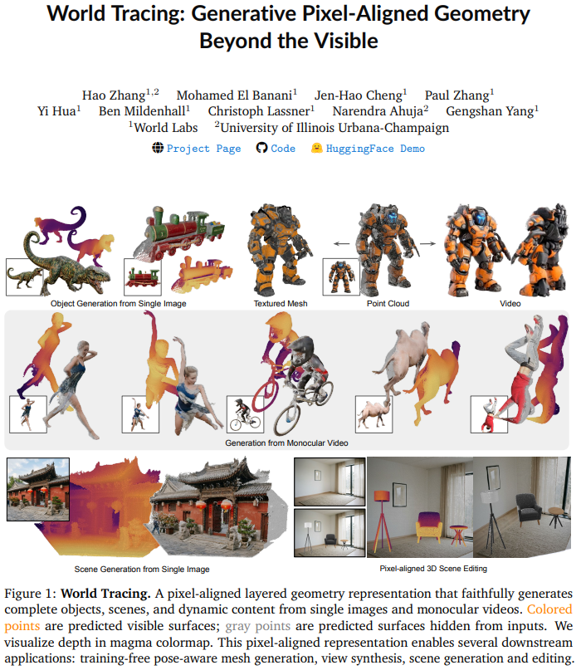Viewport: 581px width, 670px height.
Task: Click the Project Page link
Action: [203, 149]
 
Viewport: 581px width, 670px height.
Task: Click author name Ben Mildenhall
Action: [144, 111]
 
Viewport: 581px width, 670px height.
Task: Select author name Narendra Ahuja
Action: [380, 111]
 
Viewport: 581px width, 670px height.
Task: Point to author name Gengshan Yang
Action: [492, 111]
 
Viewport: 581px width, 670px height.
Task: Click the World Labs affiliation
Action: [164, 127]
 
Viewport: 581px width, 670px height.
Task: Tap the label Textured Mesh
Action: [281, 303]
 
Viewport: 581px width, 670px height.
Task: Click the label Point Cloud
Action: [388, 303]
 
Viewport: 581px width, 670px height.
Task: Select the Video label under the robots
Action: [510, 303]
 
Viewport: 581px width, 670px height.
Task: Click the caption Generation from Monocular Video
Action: [286, 443]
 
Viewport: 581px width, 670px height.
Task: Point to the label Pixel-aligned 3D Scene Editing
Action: [433, 569]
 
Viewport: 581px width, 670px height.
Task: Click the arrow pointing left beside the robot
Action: [341, 243]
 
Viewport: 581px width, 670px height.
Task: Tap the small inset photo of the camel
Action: [373, 414]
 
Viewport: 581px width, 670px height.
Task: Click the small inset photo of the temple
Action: [38, 489]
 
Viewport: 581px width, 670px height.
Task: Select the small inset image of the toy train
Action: [143, 277]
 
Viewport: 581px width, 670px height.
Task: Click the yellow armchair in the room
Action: [428, 526]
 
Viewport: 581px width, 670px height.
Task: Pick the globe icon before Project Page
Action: [158, 148]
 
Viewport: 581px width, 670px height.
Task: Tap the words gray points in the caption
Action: [257, 626]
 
